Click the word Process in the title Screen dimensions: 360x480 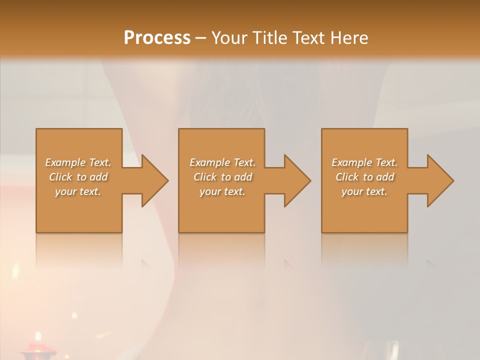pyautogui.click(x=157, y=37)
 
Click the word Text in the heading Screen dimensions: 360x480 pyautogui.click(x=309, y=37)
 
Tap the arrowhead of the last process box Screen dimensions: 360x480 pyautogui.click(x=439, y=180)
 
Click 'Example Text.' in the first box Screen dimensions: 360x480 pyautogui.click(x=78, y=162)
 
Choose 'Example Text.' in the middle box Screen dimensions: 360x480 pyautogui.click(x=222, y=162)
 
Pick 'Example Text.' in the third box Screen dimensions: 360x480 pyautogui.click(x=364, y=162)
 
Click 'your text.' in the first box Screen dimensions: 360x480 pyautogui.click(x=78, y=191)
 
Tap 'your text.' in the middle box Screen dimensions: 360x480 pyautogui.click(x=222, y=191)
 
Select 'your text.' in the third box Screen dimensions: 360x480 pyautogui.click(x=364, y=191)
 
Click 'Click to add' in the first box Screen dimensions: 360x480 pyautogui.click(x=78, y=177)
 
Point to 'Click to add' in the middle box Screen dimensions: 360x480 pyautogui.click(x=222, y=177)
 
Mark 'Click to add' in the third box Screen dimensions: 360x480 pyautogui.click(x=364, y=177)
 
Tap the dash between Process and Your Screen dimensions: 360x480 pyautogui.click(x=200, y=38)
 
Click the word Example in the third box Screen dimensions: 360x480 pyautogui.click(x=352, y=162)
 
